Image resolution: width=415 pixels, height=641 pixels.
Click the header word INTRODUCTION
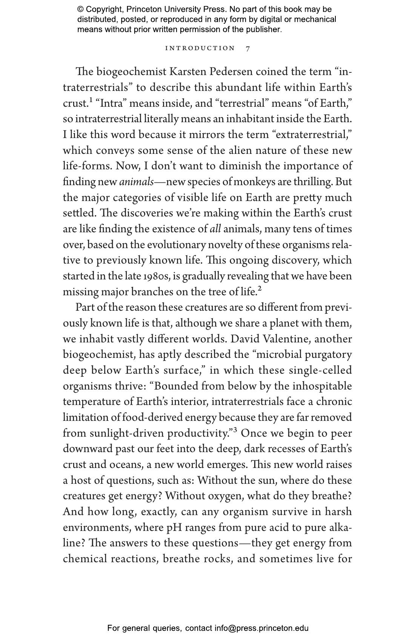coord(200,48)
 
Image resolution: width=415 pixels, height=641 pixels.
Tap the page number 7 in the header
coord(248,48)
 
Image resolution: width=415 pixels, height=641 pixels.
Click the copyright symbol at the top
coord(80,9)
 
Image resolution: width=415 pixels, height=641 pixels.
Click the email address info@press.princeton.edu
coord(261,628)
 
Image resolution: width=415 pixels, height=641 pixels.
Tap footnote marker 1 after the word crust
coord(91,100)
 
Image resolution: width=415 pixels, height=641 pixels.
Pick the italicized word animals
coord(136,182)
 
